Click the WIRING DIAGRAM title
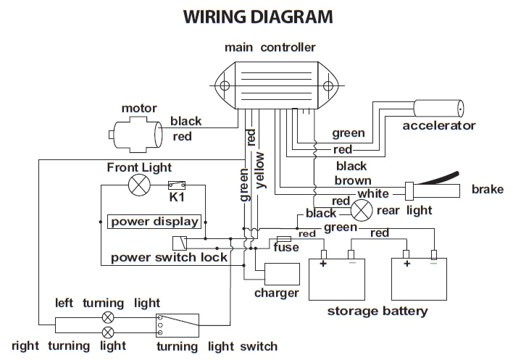(258, 15)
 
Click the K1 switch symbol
(175, 185)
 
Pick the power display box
(154, 222)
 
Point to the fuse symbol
(284, 238)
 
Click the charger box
(282, 275)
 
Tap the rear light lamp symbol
(362, 211)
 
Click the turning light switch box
(178, 325)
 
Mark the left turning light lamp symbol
(109, 317)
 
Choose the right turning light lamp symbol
(109, 332)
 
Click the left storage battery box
(341, 278)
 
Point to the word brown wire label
(353, 180)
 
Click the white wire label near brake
(374, 193)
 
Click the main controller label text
(270, 48)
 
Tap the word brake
(487, 189)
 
